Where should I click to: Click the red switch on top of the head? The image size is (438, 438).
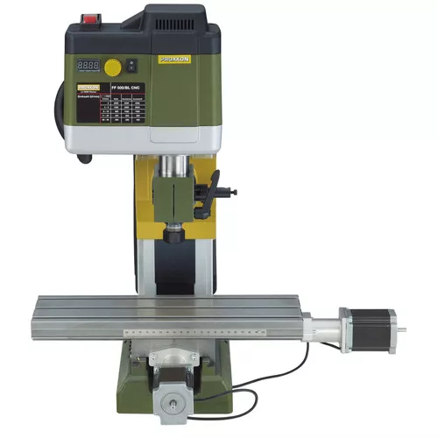tap(90, 18)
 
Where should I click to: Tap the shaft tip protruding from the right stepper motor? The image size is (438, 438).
tap(406, 326)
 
